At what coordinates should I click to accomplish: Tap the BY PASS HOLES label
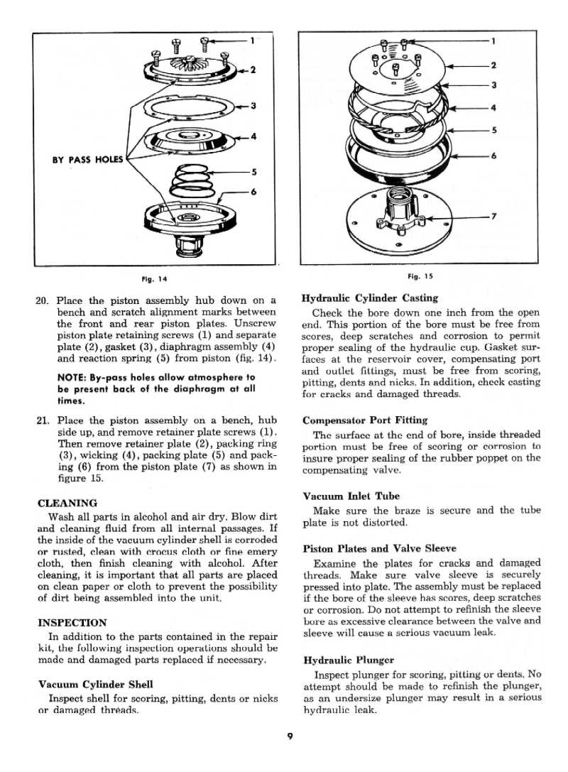point(87,159)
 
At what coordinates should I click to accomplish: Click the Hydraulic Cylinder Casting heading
point(369,298)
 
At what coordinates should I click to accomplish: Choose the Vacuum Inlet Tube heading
point(351,496)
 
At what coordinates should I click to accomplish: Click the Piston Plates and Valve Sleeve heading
point(379,548)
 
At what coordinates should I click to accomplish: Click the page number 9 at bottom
point(290,736)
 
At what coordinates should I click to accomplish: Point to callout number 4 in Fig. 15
point(493,108)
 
